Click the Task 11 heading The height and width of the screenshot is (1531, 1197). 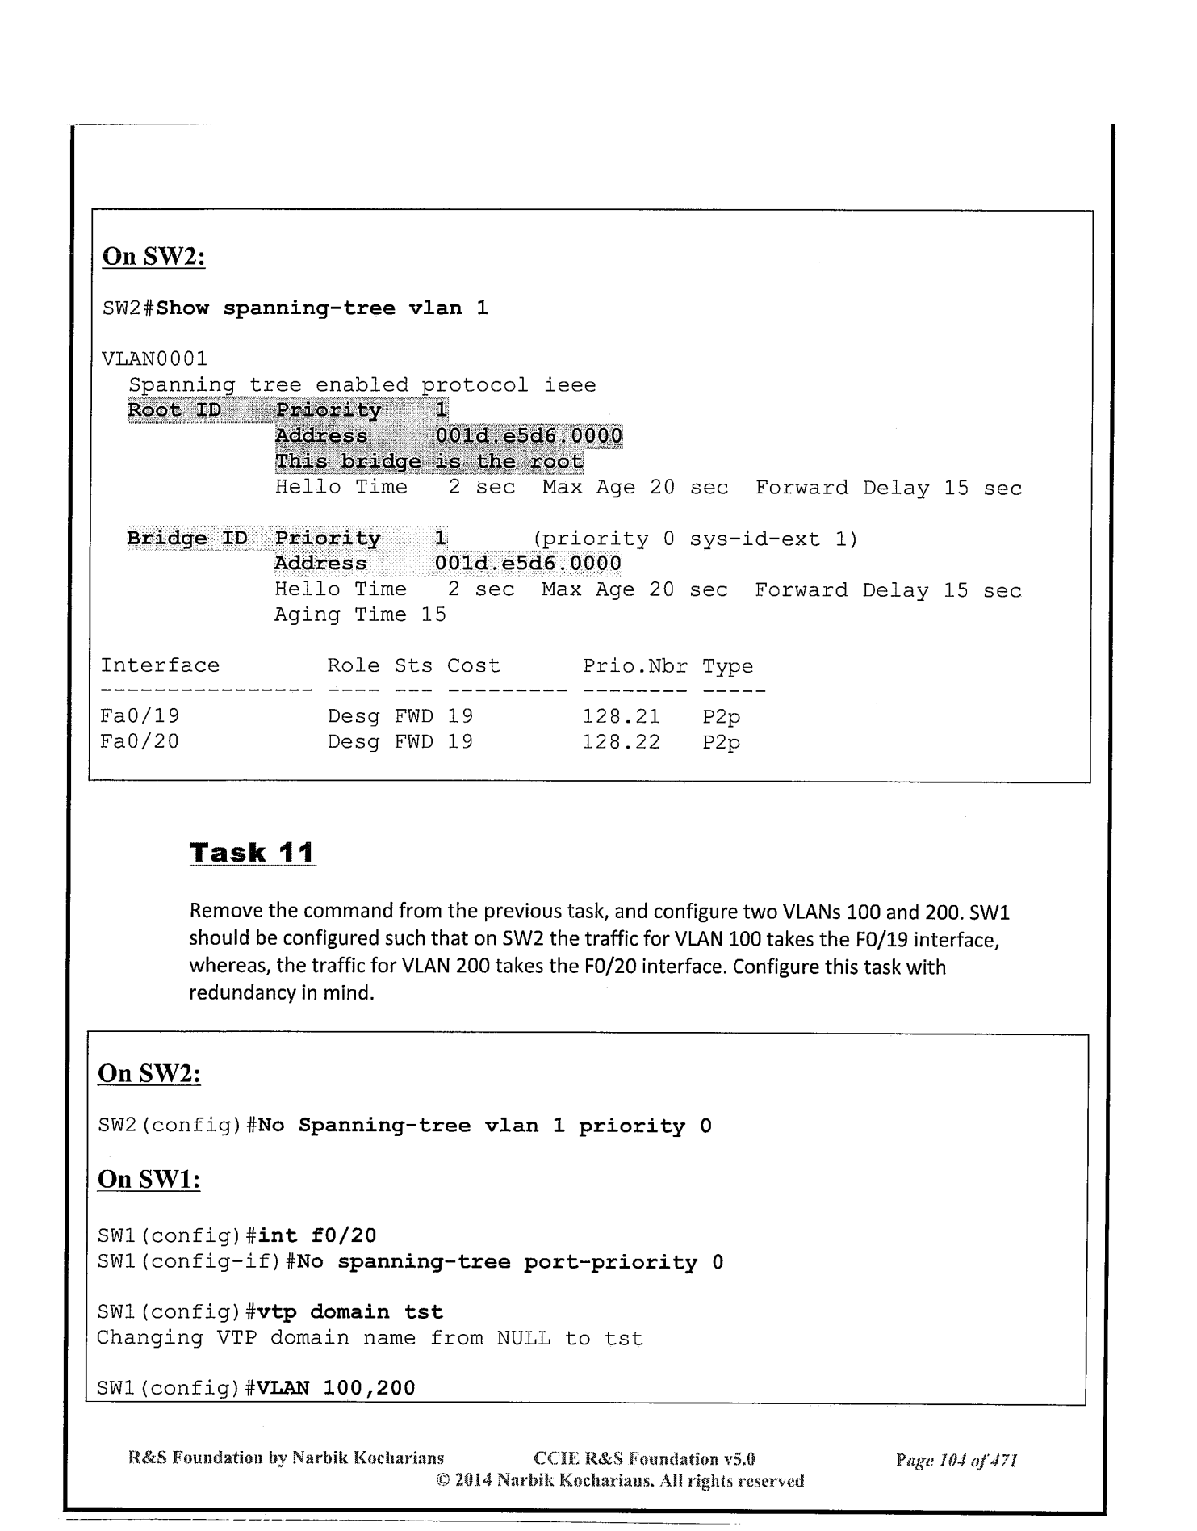[x=252, y=853]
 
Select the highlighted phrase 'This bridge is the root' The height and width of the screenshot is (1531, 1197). [x=429, y=462]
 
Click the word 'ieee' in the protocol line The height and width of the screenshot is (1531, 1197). [x=570, y=385]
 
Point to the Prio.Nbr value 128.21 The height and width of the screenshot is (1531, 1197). [x=621, y=716]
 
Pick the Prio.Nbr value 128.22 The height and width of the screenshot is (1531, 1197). [x=621, y=741]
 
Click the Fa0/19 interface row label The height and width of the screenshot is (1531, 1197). [x=140, y=716]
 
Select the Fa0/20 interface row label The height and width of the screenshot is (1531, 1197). [x=140, y=741]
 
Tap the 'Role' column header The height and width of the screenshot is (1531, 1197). [x=354, y=666]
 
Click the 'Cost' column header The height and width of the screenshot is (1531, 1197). [x=474, y=666]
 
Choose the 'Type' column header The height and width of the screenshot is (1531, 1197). [x=727, y=666]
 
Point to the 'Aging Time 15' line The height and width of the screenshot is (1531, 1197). [x=360, y=615]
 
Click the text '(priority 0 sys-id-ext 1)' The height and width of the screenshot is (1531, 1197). [x=695, y=539]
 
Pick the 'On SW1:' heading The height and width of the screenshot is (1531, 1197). [x=149, y=1179]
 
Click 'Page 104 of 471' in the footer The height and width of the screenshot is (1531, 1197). [x=956, y=1460]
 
